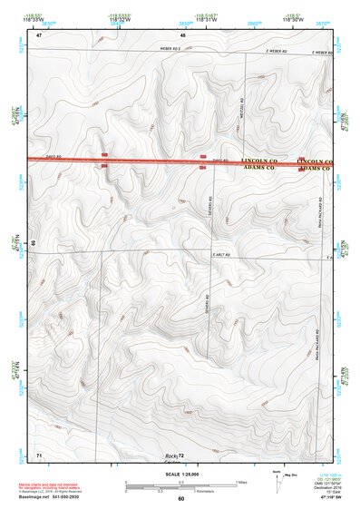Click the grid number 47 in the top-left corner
coord(39,34)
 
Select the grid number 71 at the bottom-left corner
coord(39,452)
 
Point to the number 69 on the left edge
coord(33,243)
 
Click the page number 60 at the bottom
coord(181,499)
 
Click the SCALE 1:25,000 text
coord(180,474)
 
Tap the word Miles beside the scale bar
coord(240,482)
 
